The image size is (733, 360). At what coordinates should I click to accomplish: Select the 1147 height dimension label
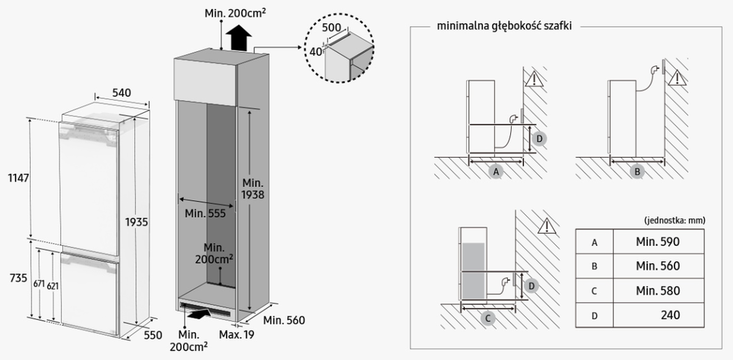12,177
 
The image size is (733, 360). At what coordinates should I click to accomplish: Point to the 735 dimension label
12,279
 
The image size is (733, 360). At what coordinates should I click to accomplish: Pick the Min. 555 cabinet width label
205,214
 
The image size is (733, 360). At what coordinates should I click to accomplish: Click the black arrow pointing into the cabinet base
196,315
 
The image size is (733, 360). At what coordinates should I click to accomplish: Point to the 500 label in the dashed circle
332,27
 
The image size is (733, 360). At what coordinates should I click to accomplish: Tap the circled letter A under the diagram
496,172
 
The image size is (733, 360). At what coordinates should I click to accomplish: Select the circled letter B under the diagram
637,172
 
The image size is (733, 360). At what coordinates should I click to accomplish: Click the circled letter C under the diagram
487,319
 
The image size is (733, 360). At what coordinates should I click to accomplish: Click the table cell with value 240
669,315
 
